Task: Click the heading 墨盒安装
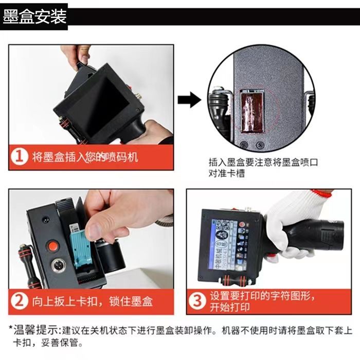point(34,16)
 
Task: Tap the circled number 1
point(20,157)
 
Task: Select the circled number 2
point(20,301)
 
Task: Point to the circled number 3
point(197,301)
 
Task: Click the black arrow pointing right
point(190,100)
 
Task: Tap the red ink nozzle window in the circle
point(251,112)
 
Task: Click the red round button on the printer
point(52,245)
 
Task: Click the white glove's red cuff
point(322,193)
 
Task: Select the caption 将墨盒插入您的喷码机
point(85,157)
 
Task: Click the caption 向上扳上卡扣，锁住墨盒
point(92,301)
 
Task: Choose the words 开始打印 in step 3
point(230,307)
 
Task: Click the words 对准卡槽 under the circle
point(227,173)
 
